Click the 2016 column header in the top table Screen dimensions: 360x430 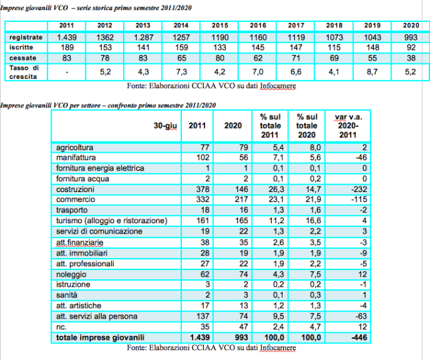point(258,26)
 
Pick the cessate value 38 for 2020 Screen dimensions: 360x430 point(410,58)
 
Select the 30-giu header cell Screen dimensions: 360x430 point(165,126)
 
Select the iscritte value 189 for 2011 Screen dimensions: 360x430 point(67,48)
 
